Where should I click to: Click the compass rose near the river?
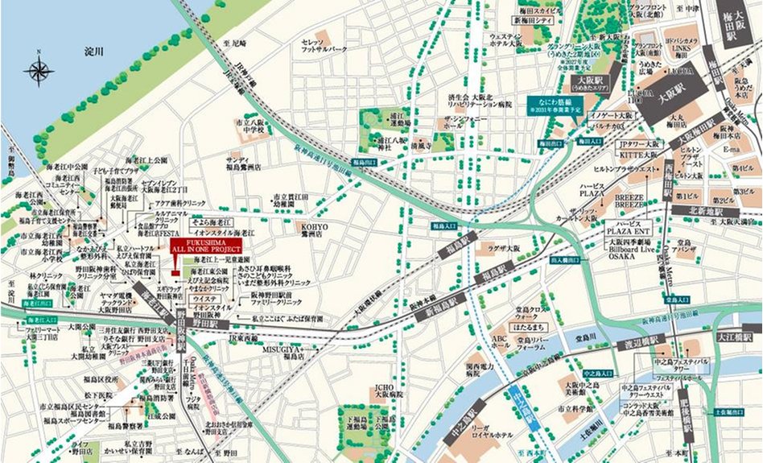pos(39,70)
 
